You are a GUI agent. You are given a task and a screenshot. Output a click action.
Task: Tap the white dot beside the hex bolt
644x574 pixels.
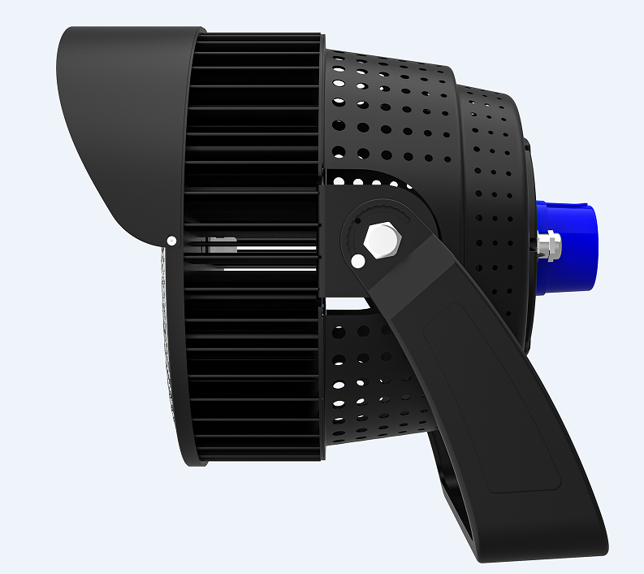pyautogui.click(x=357, y=261)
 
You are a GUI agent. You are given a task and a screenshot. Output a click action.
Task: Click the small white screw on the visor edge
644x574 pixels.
pyautogui.click(x=171, y=241)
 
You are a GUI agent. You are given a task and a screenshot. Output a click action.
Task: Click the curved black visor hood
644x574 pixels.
pyautogui.click(x=122, y=122)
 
